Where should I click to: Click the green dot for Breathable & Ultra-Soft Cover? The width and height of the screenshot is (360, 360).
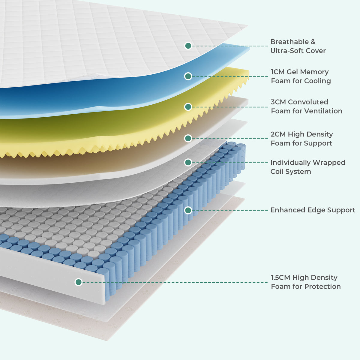(x=188, y=46)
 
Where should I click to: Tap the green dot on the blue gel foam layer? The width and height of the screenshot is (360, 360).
(x=188, y=76)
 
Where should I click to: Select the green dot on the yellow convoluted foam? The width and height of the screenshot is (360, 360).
(x=188, y=107)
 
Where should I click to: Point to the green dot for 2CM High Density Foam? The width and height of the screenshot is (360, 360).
(x=188, y=138)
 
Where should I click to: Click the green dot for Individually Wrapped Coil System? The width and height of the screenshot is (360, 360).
(x=188, y=162)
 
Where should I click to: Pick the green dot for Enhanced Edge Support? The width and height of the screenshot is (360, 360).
(x=188, y=210)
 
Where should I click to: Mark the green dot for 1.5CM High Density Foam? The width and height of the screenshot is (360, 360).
(x=79, y=282)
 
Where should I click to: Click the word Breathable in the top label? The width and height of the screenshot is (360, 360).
(x=289, y=42)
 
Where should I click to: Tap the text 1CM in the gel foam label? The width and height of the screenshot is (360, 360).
(x=278, y=72)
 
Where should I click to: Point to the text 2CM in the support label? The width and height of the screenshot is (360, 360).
(x=278, y=134)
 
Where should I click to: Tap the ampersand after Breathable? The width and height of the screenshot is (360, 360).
(x=313, y=42)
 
